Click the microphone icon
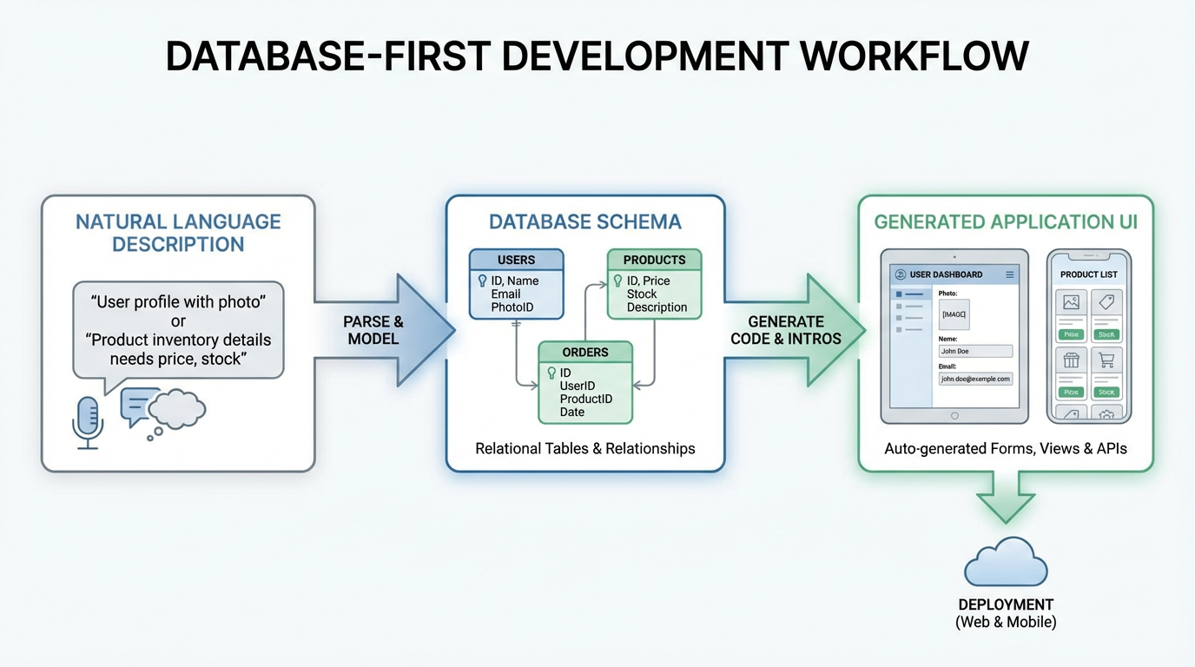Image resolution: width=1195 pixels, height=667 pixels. click(x=87, y=421)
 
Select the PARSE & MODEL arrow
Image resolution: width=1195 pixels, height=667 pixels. click(x=382, y=330)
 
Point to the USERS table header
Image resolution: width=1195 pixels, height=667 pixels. click(x=516, y=260)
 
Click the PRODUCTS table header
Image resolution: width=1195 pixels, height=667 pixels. click(x=653, y=260)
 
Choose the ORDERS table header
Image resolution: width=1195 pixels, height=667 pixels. click(x=584, y=352)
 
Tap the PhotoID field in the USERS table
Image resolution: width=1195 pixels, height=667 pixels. click(x=512, y=307)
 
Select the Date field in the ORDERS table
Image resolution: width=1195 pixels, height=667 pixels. click(x=571, y=412)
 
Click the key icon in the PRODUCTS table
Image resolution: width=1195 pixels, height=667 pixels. click(x=617, y=281)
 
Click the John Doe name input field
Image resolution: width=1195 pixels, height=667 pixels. click(x=975, y=351)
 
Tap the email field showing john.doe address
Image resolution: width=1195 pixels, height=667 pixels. click(x=975, y=379)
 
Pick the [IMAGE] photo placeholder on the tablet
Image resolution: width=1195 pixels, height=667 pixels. click(x=954, y=314)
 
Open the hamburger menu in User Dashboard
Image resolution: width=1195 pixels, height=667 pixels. click(x=1009, y=274)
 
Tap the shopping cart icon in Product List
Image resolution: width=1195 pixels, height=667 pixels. click(x=1106, y=360)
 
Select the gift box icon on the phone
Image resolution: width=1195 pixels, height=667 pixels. click(x=1071, y=360)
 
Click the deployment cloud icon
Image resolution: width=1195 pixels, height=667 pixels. click(x=1006, y=565)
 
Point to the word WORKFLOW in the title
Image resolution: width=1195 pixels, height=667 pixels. click(x=914, y=56)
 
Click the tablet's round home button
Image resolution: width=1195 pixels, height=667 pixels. click(x=954, y=416)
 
